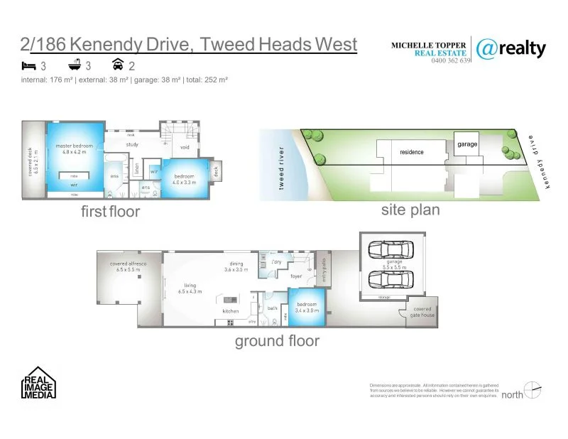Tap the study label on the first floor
pos(132,145)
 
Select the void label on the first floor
pos(185,148)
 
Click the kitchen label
pos(231,311)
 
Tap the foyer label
pos(296,276)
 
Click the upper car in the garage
pos(390,249)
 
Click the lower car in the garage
pos(390,279)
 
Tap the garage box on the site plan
pos(467,144)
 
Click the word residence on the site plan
pos(411,152)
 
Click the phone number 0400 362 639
pos(452,61)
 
